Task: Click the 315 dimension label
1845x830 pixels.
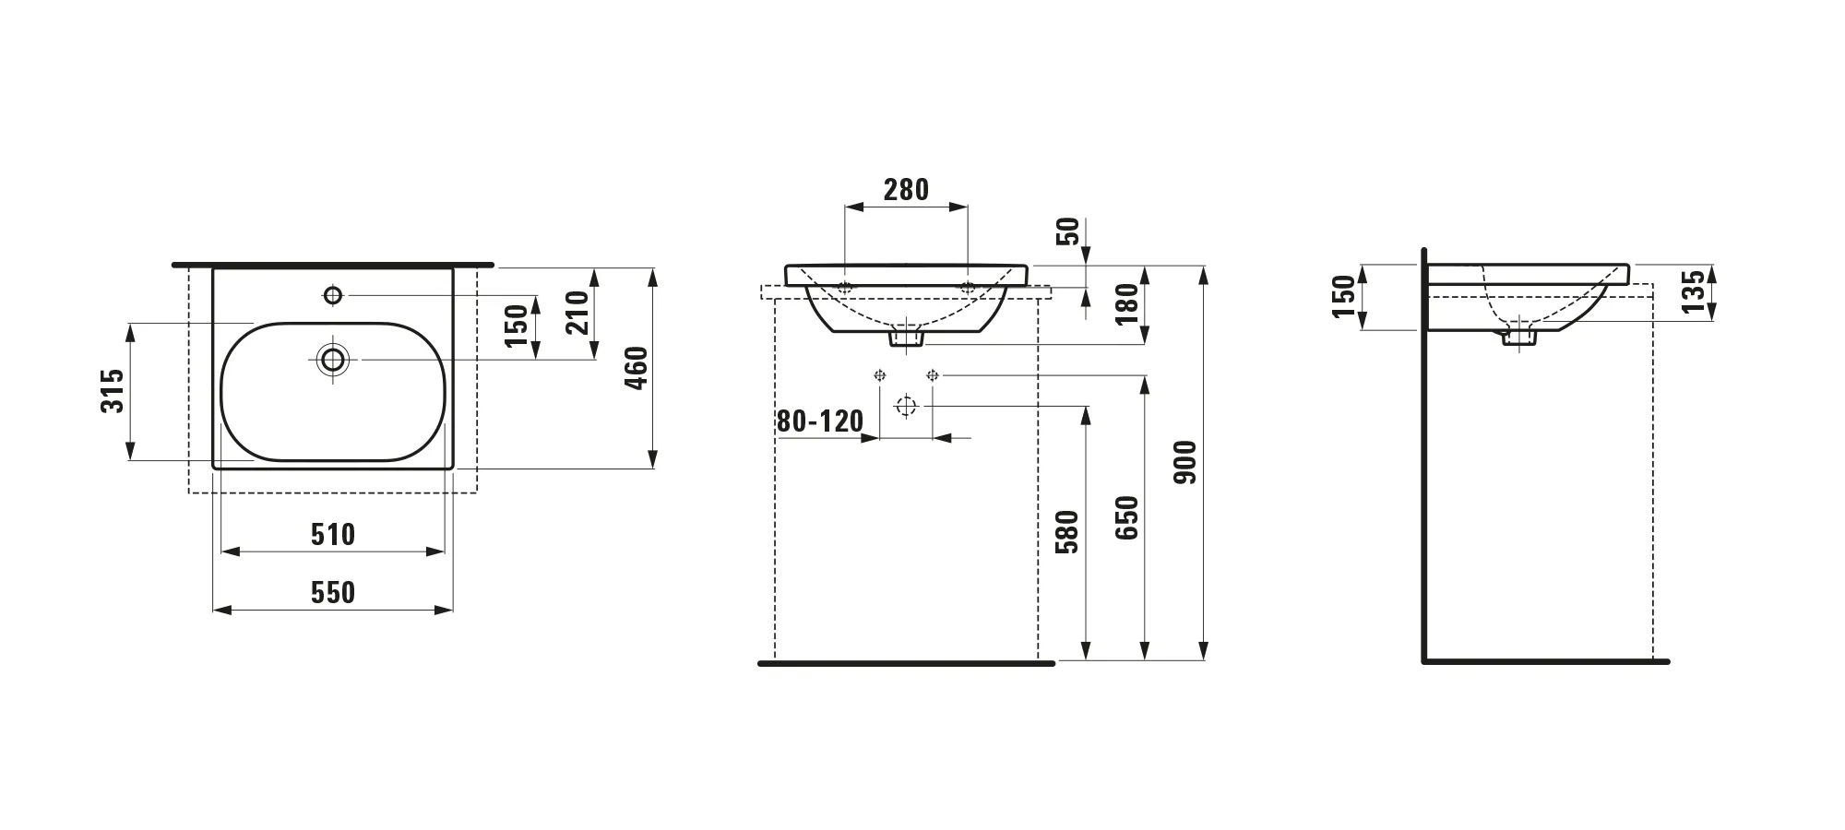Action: click(x=113, y=391)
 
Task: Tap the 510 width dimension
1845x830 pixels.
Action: click(x=333, y=534)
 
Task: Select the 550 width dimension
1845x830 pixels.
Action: click(x=333, y=592)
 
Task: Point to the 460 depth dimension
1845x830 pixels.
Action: click(x=637, y=368)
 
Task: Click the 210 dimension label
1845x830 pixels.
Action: click(x=577, y=312)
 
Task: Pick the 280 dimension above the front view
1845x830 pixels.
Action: click(x=906, y=190)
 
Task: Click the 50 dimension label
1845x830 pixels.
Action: click(x=1067, y=231)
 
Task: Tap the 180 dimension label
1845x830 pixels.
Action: click(x=1128, y=304)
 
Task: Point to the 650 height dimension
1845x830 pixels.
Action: click(x=1127, y=517)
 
